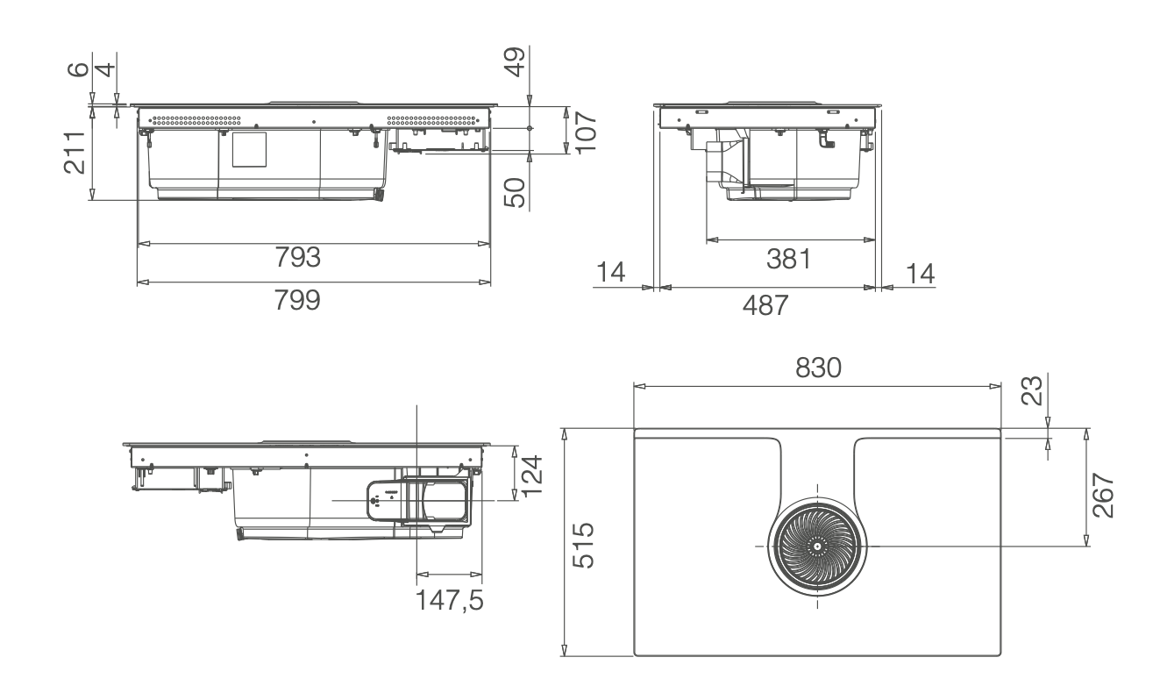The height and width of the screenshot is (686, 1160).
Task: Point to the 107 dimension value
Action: click(x=586, y=132)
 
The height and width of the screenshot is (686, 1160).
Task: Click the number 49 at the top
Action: click(x=518, y=64)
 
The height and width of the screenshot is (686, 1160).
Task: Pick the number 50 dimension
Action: click(x=518, y=192)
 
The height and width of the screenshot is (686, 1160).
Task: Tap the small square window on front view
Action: click(x=249, y=150)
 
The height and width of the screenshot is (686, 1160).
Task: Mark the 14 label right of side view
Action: click(x=919, y=274)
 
